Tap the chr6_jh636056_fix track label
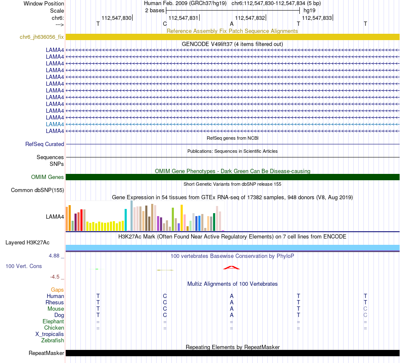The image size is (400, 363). [x=42, y=37]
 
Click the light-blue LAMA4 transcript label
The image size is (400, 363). [x=55, y=124]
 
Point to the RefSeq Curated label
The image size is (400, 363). [x=45, y=144]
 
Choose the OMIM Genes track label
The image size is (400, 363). [x=47, y=177]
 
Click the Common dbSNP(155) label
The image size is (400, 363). [x=37, y=190]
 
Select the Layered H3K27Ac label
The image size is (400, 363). [x=27, y=242]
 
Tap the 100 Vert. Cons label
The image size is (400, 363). [x=24, y=266]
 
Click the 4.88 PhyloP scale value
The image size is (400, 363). [x=55, y=255]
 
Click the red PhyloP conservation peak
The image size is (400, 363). [x=232, y=267]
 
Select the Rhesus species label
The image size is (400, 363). [x=55, y=302]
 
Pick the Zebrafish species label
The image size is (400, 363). [x=53, y=340]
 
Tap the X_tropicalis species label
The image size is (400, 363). [x=50, y=334]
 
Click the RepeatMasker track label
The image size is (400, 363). [x=46, y=353]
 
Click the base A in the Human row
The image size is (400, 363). [x=232, y=296]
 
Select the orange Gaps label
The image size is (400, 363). [x=57, y=290]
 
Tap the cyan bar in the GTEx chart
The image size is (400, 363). [x=125, y=220]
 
